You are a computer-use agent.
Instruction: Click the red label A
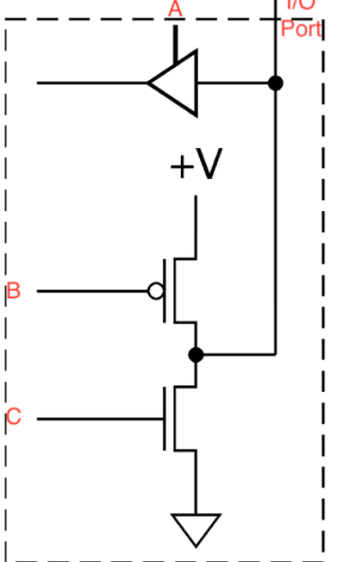point(175,8)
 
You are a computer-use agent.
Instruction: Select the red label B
point(13,291)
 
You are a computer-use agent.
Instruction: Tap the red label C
point(13,417)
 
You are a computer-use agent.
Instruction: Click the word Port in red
point(300,28)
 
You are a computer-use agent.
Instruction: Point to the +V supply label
point(195,166)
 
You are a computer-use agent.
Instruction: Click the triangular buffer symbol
point(177,83)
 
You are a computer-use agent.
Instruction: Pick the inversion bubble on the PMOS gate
point(155,291)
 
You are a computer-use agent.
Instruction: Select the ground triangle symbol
point(195,527)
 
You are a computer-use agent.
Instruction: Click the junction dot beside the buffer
point(275,83)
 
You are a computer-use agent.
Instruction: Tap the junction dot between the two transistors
point(195,354)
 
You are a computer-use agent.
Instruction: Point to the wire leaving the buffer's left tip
point(91,83)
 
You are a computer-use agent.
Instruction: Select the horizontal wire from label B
point(91,291)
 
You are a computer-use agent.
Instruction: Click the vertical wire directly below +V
point(195,223)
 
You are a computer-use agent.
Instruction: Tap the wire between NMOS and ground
point(195,482)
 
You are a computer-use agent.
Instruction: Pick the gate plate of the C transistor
point(165,417)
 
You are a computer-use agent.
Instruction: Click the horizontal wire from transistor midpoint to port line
point(236,354)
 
